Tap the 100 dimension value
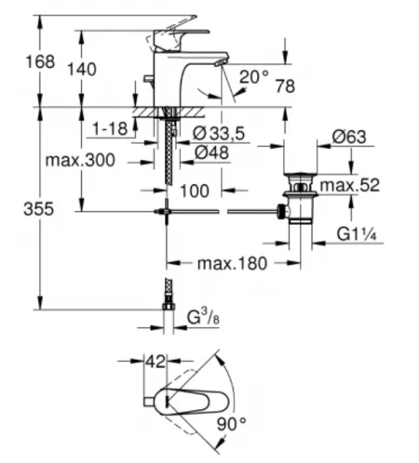coord(195,192)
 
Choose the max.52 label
coord(351,187)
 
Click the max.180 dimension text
coord(231,264)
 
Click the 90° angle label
coord(230,425)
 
